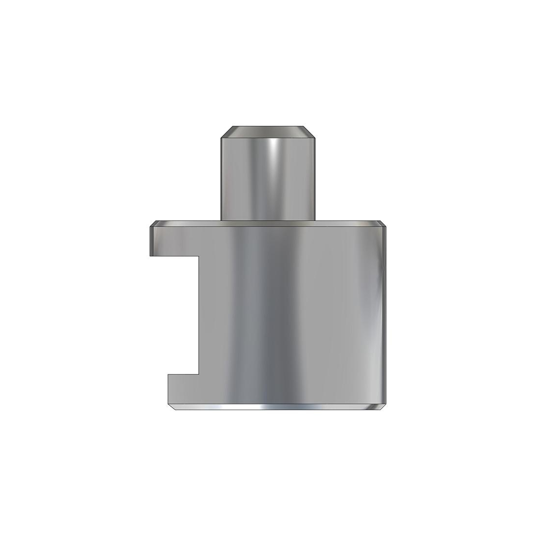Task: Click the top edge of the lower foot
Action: (x=183, y=374)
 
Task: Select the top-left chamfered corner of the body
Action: (x=153, y=224)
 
